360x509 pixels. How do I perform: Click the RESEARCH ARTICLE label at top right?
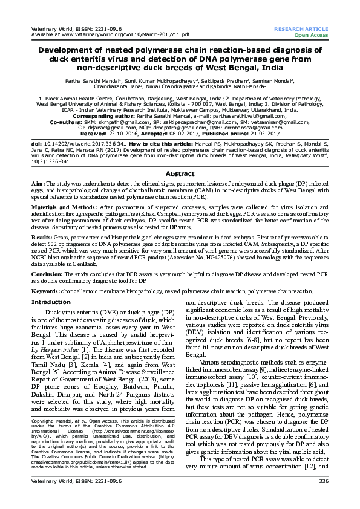point(301,29)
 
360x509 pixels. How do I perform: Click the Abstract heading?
point(180,173)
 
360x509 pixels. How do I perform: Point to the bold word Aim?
point(38,183)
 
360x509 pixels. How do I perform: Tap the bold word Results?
point(42,238)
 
